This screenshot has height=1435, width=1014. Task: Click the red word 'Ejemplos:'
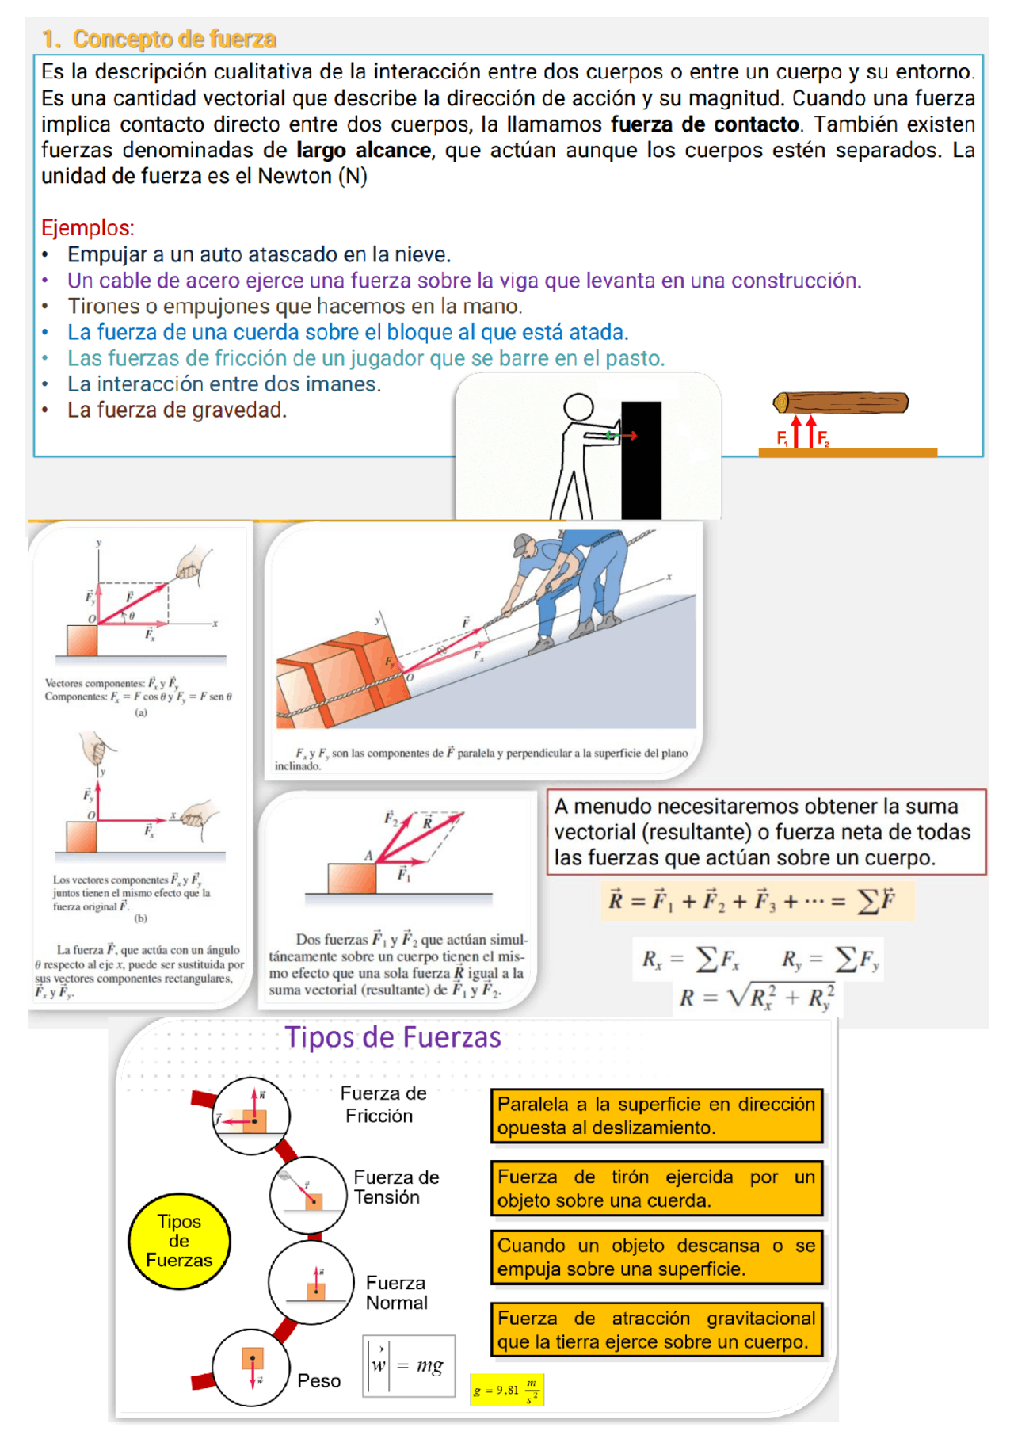click(x=87, y=227)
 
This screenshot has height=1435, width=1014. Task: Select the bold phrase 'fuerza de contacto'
click(x=704, y=124)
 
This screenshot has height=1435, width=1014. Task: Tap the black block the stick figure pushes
click(x=641, y=460)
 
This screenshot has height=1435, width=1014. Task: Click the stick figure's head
click(x=578, y=407)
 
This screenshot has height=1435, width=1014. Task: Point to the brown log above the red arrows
click(x=841, y=403)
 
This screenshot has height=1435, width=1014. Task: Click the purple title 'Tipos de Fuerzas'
click(x=393, y=1037)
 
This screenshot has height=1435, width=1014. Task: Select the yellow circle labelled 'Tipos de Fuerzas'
click(x=179, y=1241)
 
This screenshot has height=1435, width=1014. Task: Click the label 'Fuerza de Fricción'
click(x=383, y=1105)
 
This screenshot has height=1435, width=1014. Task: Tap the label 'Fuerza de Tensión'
click(x=395, y=1187)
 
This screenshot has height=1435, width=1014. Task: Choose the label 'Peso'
click(x=318, y=1380)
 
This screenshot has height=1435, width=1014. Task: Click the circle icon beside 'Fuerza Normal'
click(x=311, y=1282)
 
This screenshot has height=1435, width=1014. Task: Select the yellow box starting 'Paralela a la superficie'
click(x=656, y=1116)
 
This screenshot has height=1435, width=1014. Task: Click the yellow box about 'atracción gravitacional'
click(x=656, y=1330)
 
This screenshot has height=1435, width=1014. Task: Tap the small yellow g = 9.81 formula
click(x=506, y=1391)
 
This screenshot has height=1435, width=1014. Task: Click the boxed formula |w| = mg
click(x=409, y=1365)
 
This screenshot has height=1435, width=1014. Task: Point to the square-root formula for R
click(x=756, y=997)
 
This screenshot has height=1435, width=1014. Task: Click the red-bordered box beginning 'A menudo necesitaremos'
click(x=765, y=832)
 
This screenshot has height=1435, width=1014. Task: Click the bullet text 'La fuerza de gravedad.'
click(x=177, y=410)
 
